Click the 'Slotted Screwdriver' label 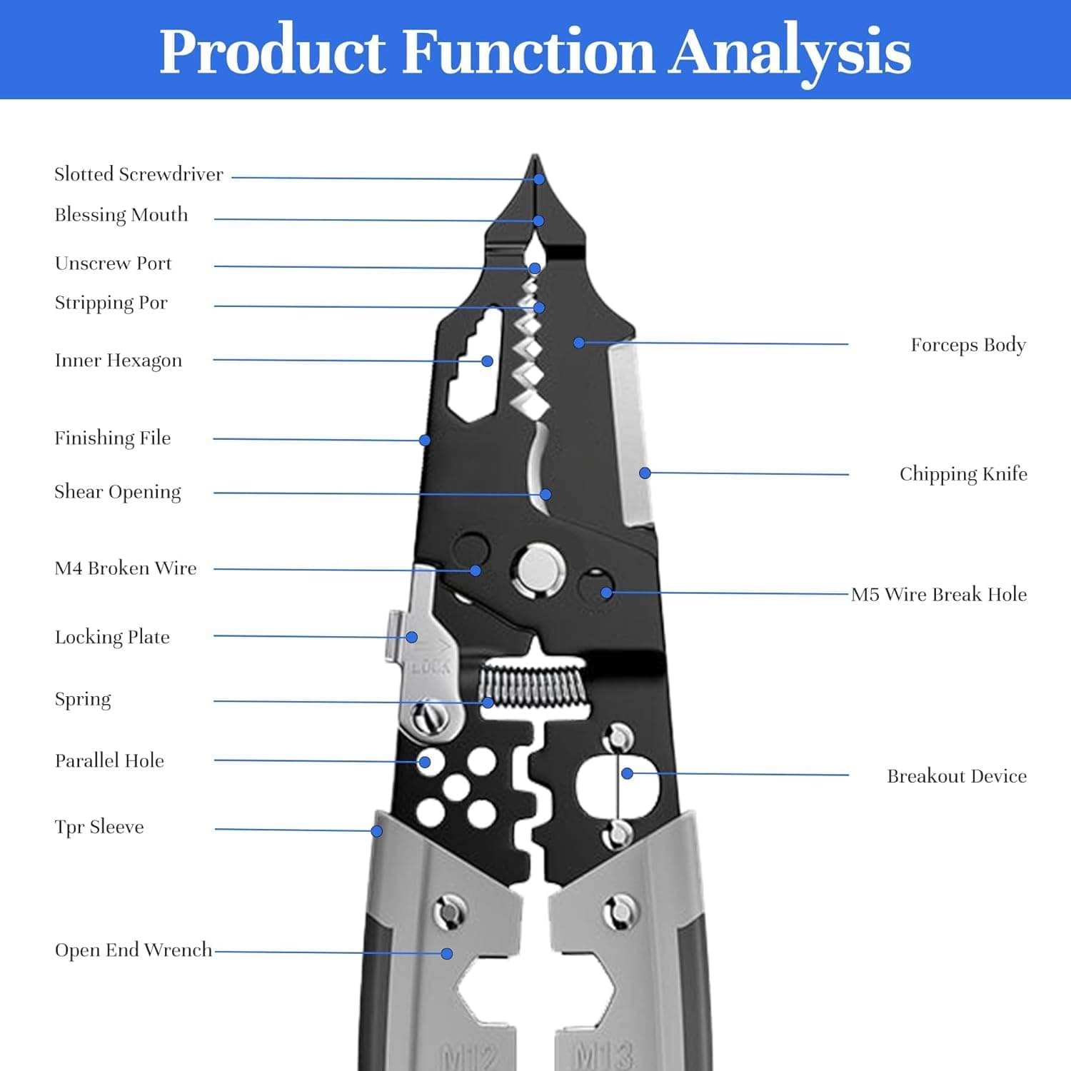pyautogui.click(x=139, y=174)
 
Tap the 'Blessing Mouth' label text pyautogui.click(x=121, y=215)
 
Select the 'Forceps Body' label pyautogui.click(x=968, y=345)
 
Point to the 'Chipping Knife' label pyautogui.click(x=963, y=474)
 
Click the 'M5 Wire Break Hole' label pyautogui.click(x=939, y=594)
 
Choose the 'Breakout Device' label pyautogui.click(x=957, y=776)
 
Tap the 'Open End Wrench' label pyautogui.click(x=134, y=950)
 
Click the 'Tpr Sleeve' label pyautogui.click(x=99, y=827)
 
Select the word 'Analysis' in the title pyautogui.click(x=790, y=51)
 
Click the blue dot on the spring pyautogui.click(x=488, y=703)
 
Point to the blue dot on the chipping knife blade pyautogui.click(x=645, y=473)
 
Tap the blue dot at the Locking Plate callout pyautogui.click(x=412, y=637)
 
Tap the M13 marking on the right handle pyautogui.click(x=604, y=1055)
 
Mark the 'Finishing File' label pyautogui.click(x=113, y=438)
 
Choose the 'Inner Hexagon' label pyautogui.click(x=119, y=361)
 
